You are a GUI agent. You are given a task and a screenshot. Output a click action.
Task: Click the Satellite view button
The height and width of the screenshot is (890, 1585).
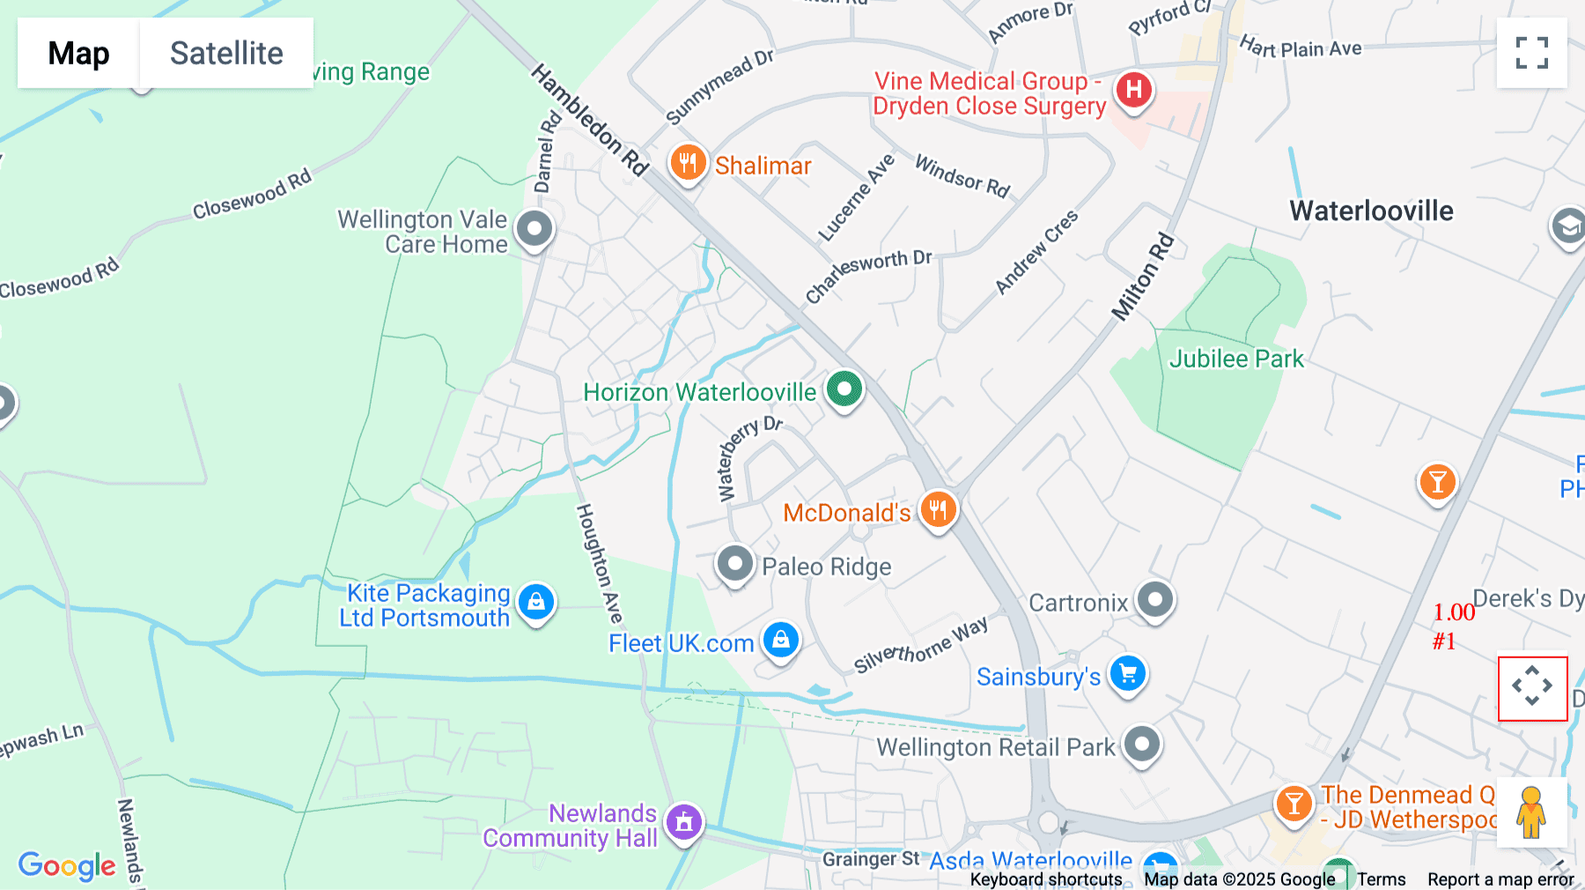[226, 53]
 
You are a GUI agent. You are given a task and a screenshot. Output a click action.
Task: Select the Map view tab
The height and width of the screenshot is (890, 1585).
[78, 53]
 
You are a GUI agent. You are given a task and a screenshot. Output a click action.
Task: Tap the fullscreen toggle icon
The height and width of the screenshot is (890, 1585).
[1531, 53]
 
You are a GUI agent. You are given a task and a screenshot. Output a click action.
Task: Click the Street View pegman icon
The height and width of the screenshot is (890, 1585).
[1531, 812]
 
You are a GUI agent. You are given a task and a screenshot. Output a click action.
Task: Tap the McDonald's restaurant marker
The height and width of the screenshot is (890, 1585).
[938, 509]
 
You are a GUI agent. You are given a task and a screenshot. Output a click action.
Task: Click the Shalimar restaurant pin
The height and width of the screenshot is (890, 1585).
[688, 163]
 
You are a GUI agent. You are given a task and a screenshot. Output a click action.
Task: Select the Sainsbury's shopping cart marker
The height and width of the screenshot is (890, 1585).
[1127, 674]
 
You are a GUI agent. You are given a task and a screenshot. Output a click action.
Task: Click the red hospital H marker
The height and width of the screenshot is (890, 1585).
[1134, 90]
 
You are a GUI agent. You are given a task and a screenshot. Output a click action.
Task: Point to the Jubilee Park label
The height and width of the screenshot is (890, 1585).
[1235, 359]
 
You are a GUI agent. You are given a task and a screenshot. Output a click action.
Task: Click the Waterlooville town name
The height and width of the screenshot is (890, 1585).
[1371, 211]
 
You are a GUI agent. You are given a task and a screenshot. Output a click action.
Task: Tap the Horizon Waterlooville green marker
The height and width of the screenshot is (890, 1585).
[844, 389]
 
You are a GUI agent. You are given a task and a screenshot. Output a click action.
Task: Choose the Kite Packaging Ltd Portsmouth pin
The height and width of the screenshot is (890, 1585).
[536, 602]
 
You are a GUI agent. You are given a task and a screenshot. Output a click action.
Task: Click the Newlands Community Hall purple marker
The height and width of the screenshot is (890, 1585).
[684, 822]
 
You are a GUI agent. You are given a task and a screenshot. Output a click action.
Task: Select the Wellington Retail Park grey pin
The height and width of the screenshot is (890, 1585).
[1142, 745]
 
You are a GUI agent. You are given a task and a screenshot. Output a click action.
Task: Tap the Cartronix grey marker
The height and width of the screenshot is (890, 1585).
[1155, 600]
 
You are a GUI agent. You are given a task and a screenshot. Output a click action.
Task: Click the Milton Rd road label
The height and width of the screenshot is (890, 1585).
[1143, 277]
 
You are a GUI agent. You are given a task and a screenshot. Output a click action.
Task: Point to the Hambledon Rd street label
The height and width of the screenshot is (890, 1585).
[589, 120]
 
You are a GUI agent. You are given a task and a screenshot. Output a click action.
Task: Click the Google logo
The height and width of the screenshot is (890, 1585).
[67, 865]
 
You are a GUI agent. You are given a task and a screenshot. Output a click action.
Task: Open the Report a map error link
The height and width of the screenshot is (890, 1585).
[1500, 879]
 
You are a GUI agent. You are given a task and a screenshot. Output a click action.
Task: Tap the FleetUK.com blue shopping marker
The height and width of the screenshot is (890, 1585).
[780, 641]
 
